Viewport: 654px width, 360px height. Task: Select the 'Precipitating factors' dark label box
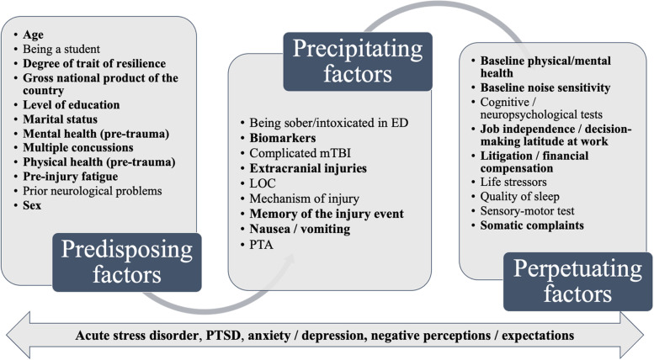pyautogui.click(x=358, y=61)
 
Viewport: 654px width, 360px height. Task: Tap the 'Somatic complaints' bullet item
pyautogui.click(x=532, y=225)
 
